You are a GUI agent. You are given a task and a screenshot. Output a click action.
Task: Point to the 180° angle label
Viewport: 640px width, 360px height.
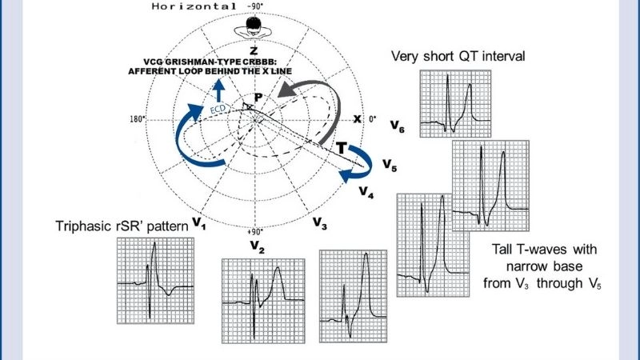pos(134,119)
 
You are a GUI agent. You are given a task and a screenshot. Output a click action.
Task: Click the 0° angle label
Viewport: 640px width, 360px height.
pos(373,119)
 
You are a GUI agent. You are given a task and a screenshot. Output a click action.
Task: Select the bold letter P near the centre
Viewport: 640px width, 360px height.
pos(258,98)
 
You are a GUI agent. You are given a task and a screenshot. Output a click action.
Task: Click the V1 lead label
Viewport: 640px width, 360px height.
pos(198,226)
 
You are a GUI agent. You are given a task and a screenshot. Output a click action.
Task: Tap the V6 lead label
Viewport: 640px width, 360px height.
pos(398,127)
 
